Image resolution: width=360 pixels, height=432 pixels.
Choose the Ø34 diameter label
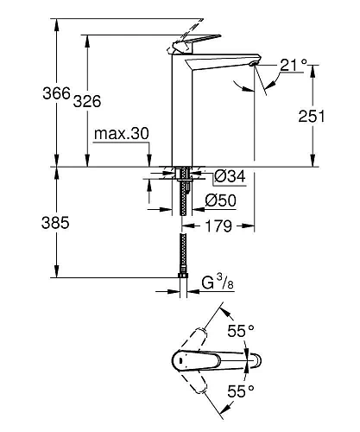229,176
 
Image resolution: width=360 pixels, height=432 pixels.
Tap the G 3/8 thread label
218,282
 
